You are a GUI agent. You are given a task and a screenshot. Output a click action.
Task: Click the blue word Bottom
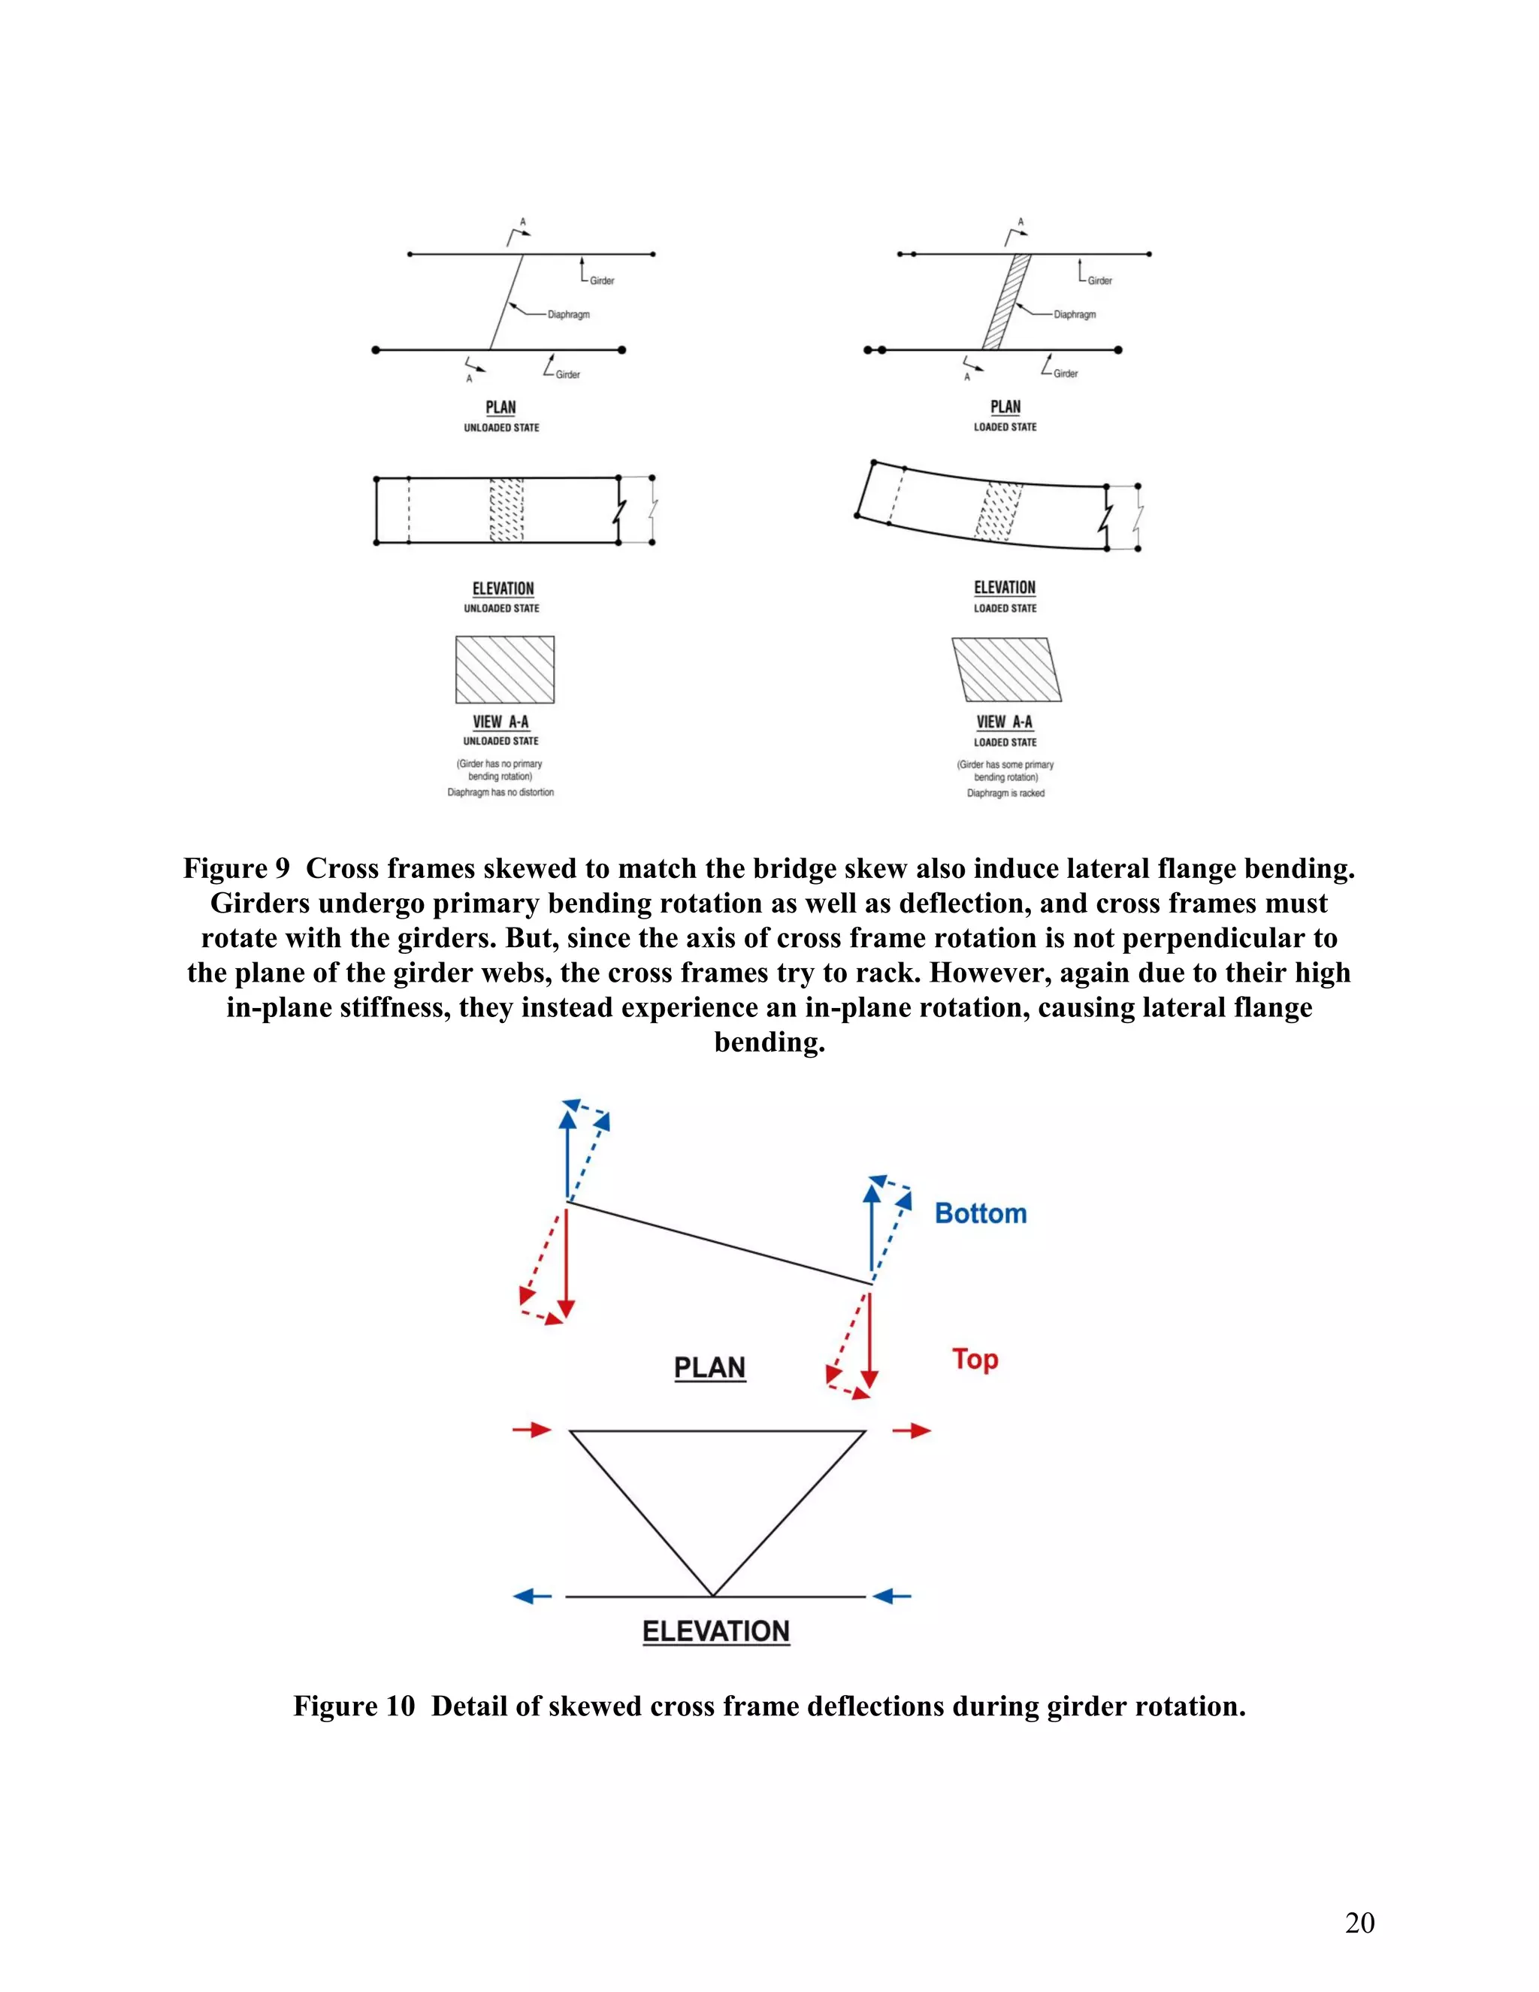coord(980,1213)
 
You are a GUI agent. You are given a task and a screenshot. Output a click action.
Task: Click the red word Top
coord(975,1359)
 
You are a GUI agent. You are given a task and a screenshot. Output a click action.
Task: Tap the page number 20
coord(1359,1923)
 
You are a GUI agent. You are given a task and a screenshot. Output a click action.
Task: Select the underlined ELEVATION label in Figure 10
coord(715,1632)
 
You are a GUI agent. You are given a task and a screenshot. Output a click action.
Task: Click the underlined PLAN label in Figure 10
coord(709,1368)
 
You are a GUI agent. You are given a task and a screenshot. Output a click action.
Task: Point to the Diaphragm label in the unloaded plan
coord(568,315)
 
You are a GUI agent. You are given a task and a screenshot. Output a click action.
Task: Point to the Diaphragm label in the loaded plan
coord(1074,315)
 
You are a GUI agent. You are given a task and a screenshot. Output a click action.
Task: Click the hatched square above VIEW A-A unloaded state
coord(505,670)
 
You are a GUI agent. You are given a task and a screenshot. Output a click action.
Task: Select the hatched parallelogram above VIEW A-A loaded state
coord(1006,670)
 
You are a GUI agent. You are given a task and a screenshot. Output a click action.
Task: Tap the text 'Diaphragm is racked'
coord(1005,794)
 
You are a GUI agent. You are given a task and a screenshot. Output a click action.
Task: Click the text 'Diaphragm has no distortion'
coord(500,792)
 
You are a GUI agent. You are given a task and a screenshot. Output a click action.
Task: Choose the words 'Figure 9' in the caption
coord(236,868)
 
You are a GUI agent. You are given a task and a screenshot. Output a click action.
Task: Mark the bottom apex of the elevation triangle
coord(713,1595)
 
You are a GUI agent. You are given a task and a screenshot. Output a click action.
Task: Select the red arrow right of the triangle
coord(911,1430)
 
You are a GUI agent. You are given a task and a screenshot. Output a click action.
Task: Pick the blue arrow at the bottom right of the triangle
coord(892,1596)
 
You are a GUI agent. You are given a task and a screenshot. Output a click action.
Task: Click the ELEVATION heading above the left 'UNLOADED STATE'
coord(503,589)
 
